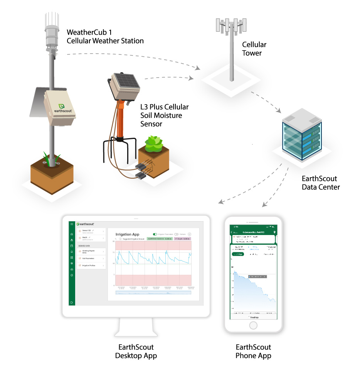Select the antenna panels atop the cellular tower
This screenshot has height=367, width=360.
pyautogui.click(x=231, y=26)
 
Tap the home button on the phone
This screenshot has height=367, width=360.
pyautogui.click(x=253, y=325)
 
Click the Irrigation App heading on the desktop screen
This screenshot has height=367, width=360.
pyautogui.click(x=127, y=234)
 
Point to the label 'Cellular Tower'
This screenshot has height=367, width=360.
pyautogui.click(x=254, y=49)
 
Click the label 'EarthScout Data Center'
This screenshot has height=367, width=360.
pyautogui.click(x=321, y=183)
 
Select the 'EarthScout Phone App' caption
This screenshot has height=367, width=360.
pyautogui.click(x=253, y=351)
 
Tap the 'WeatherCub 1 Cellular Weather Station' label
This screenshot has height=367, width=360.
pyautogui.click(x=105, y=36)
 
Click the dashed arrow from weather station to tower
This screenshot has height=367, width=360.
pyautogui.click(x=135, y=58)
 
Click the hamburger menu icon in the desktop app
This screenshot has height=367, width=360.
pyautogui.click(x=72, y=224)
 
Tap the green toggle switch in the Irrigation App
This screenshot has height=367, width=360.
pyautogui.click(x=155, y=234)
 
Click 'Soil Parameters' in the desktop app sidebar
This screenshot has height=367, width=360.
pyautogui.click(x=89, y=258)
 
